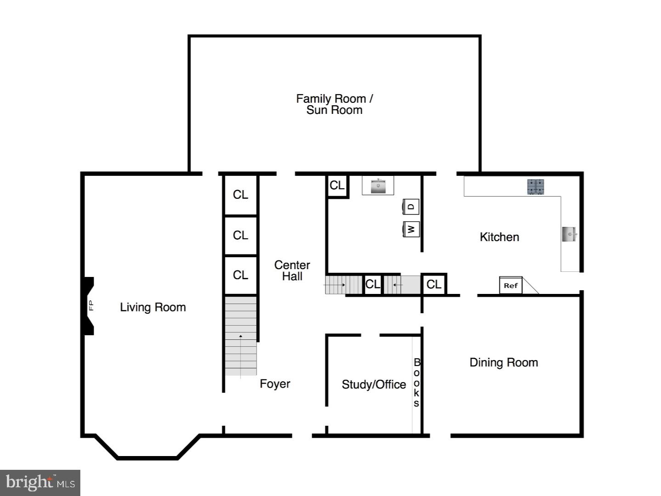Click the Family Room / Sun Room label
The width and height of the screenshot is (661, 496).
coord(334,104)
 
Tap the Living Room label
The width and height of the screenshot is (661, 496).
coord(153,307)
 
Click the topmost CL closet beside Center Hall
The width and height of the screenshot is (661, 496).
coord(240,195)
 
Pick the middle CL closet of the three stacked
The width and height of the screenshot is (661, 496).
coord(240,235)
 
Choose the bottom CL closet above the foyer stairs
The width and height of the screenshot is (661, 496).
coord(240,275)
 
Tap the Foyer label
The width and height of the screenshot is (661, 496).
coord(274,384)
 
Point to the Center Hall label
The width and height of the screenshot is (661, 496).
coord(292,271)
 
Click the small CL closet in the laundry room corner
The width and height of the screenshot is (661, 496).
coord(337,186)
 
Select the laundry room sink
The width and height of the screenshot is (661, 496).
coord(378,186)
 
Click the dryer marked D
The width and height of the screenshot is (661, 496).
coord(411,207)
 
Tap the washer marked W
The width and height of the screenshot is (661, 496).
coord(411,229)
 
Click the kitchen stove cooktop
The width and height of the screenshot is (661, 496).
coord(536,186)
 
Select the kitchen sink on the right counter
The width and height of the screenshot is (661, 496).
coord(570,234)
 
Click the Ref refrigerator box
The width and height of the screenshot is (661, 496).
coord(510,286)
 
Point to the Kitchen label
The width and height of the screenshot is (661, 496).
coord(499,237)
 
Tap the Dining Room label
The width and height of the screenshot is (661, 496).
coord(504,362)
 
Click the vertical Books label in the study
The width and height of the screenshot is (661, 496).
coord(416,383)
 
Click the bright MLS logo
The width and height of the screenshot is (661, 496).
coord(40,483)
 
